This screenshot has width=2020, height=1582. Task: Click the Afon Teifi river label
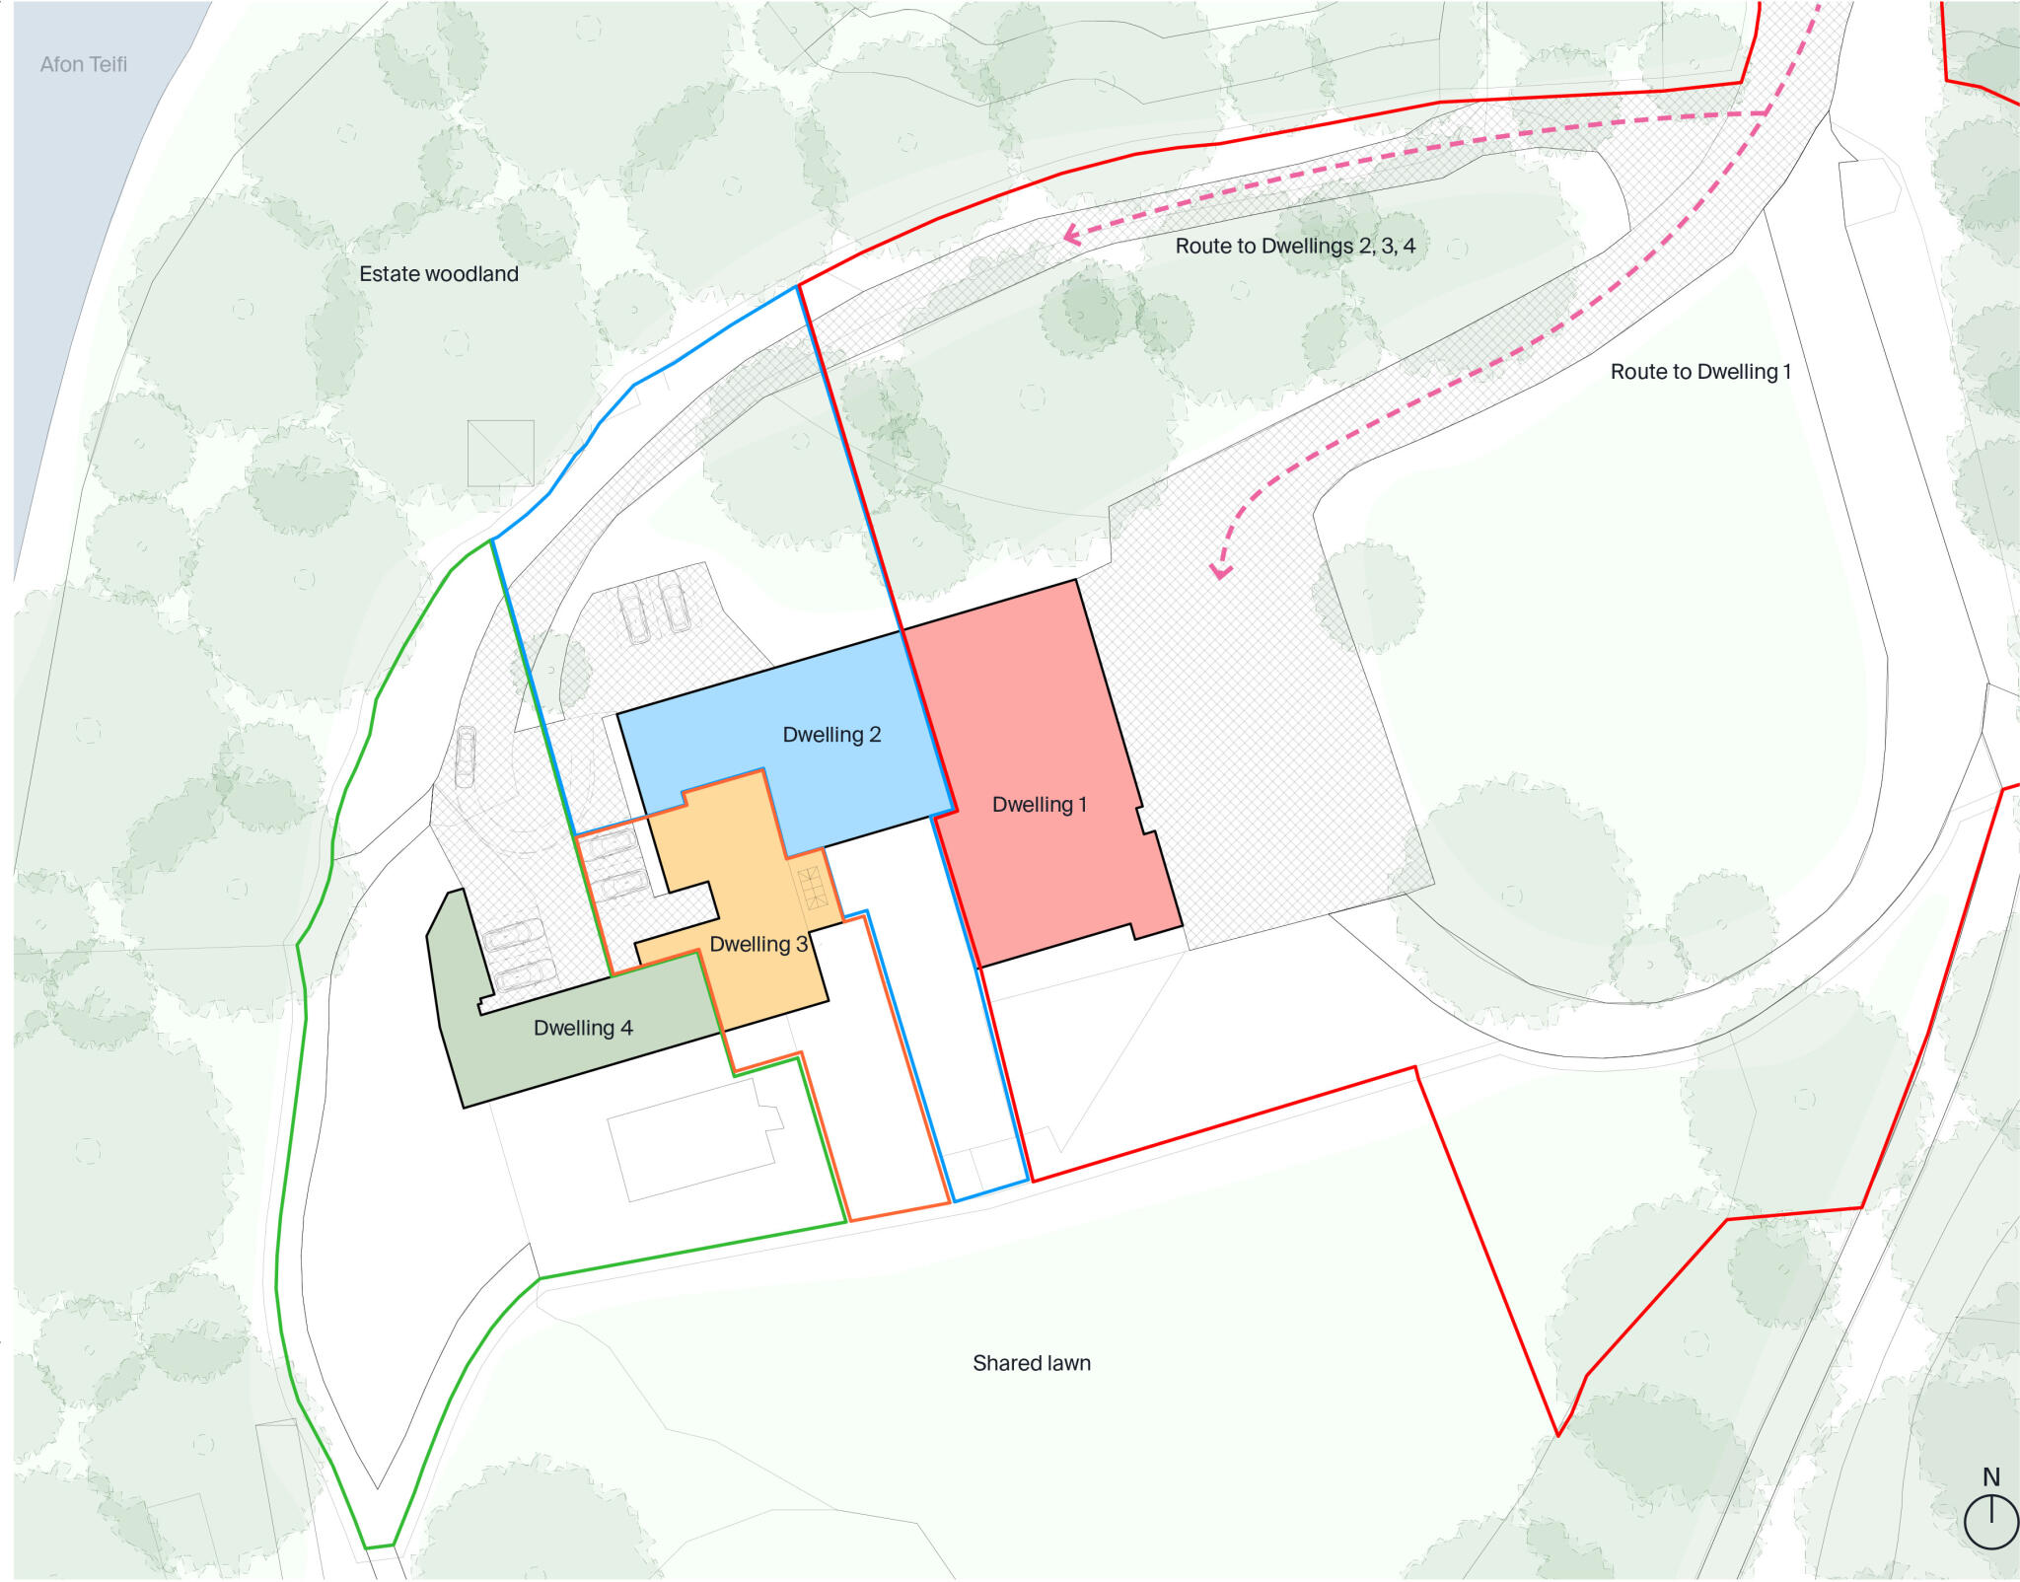coord(83,65)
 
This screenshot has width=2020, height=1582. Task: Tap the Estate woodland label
coord(438,274)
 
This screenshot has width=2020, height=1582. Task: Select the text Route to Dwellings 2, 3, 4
coord(1294,247)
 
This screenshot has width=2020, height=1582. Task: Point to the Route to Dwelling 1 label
coord(1699,372)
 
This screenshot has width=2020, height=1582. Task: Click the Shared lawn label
coord(1031,1363)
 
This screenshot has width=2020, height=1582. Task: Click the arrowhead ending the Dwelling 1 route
coord(1221,572)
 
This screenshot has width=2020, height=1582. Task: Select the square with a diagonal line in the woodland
coord(500,453)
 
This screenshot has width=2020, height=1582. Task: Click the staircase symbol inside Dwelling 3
coord(812,888)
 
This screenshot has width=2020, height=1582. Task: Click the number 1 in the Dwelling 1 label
coord(1082,805)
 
